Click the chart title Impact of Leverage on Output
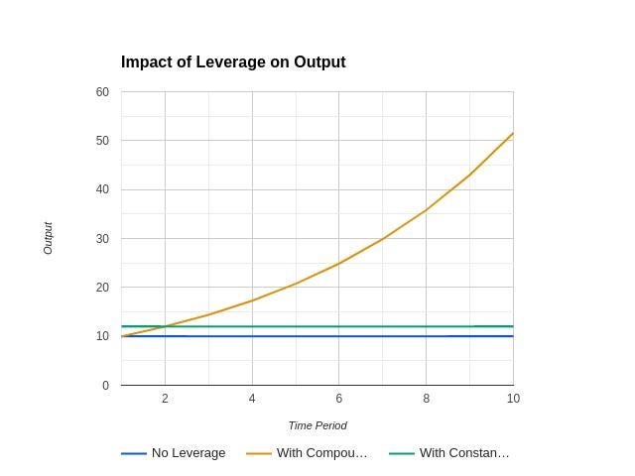(x=233, y=62)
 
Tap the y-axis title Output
(x=48, y=238)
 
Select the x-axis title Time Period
(x=317, y=425)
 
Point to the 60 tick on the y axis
(x=102, y=92)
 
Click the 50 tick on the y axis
(x=102, y=141)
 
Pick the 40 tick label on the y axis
(x=102, y=189)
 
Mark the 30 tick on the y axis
(x=102, y=239)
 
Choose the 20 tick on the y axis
(x=102, y=288)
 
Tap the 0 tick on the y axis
(x=105, y=386)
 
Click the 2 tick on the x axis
(x=165, y=399)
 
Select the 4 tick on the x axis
(x=252, y=399)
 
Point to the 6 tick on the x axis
(x=338, y=399)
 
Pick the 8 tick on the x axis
(x=426, y=399)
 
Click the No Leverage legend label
(x=189, y=453)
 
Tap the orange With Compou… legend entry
(x=321, y=453)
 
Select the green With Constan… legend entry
(x=464, y=453)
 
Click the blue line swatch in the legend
(x=134, y=454)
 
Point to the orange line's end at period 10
(x=513, y=133)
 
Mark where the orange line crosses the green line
(x=163, y=326)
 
